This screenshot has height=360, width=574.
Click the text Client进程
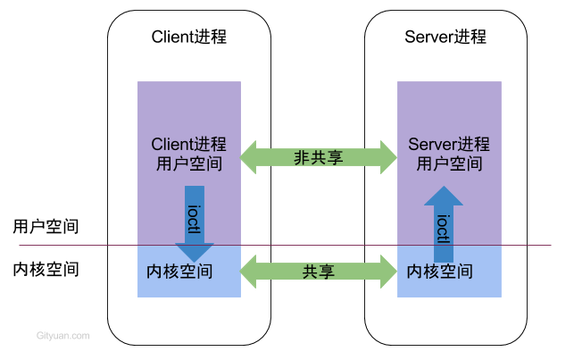[188, 145]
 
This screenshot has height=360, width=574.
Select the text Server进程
[449, 145]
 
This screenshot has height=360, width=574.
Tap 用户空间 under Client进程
[188, 164]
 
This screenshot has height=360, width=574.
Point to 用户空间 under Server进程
[449, 164]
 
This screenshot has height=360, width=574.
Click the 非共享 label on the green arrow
[319, 157]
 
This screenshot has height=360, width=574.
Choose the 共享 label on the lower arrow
[319, 272]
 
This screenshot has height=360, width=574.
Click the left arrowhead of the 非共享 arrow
[249, 157]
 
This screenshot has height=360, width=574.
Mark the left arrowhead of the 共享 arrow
[249, 272]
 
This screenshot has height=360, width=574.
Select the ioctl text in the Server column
[443, 229]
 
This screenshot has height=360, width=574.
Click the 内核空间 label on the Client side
[179, 271]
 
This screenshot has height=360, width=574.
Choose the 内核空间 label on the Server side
[439, 271]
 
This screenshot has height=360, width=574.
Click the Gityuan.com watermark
[63, 336]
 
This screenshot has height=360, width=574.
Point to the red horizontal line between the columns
[319, 245]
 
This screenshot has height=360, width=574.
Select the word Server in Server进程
[430, 145]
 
